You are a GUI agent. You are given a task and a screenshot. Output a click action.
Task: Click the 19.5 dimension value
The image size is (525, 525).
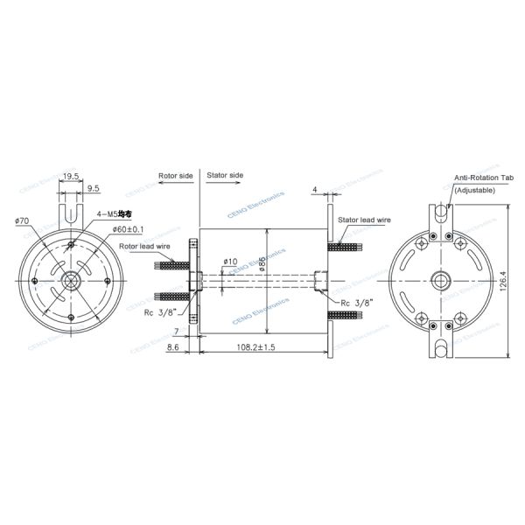pos(70,176)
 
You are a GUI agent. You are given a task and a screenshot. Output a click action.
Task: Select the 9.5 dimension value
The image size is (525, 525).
pos(94,188)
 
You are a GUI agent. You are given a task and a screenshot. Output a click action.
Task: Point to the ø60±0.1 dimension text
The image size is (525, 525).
pos(128,229)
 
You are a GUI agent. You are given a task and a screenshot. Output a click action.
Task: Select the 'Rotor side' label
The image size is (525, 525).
pos(175,176)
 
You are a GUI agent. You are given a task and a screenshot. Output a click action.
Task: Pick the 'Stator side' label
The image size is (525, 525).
pos(225,176)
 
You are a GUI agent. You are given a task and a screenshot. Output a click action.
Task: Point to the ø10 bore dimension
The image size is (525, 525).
pos(230,261)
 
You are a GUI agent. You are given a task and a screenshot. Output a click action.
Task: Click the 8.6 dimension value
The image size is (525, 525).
pos(173,348)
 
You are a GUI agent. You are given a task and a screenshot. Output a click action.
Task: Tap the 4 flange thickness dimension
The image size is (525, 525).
pos(313,188)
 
